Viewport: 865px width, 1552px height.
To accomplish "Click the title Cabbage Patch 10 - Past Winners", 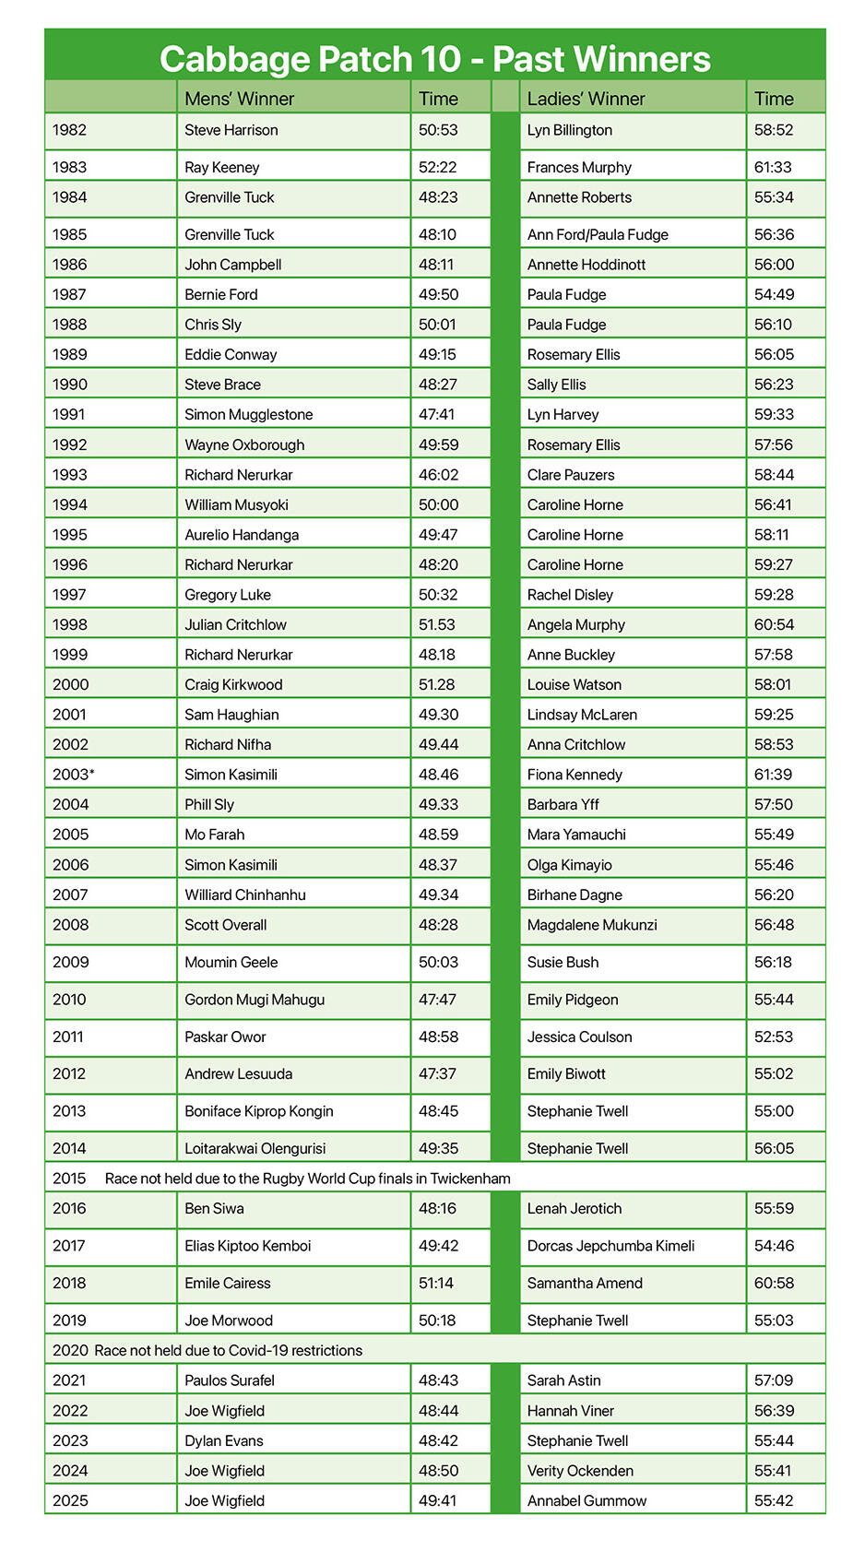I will pos(434,59).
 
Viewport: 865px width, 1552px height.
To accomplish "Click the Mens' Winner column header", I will pos(239,99).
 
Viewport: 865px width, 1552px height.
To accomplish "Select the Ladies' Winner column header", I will pos(586,99).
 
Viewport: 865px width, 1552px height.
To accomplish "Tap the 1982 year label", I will pos(69,130).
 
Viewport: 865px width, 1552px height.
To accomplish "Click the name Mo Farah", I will pos(214,835).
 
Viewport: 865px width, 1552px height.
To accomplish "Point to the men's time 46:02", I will pos(438,475).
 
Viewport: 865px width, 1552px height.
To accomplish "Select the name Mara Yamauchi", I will pos(576,835).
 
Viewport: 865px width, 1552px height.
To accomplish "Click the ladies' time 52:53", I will pos(774,1037).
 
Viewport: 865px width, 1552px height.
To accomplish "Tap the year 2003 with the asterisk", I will pos(74,775).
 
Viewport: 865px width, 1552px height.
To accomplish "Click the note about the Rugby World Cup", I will pos(307,1179).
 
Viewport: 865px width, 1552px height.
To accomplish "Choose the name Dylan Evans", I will pos(223,1440).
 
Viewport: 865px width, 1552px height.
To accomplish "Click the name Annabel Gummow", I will pos(587,1500).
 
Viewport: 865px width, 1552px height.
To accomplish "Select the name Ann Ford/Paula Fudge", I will pos(598,234).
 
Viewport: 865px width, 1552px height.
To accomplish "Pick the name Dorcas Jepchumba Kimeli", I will pos(610,1246).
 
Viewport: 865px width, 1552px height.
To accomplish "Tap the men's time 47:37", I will pos(438,1073).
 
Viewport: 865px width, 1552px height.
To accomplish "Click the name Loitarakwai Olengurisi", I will pos(255,1148).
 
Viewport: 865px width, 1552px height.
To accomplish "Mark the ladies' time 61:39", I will pos(773,775).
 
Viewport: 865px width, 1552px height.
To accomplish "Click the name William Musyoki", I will pos(236,504).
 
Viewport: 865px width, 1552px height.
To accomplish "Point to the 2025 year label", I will pos(70,1500).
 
